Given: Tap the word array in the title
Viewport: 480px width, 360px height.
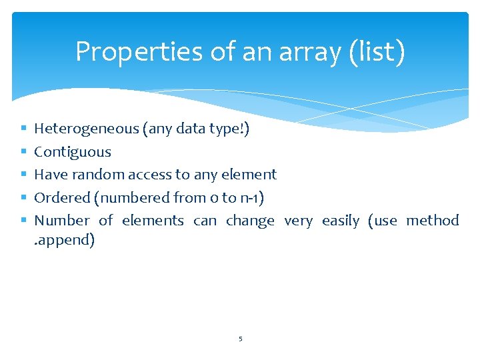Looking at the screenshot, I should [307, 52].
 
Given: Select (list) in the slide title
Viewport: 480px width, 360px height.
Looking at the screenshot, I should [377, 52].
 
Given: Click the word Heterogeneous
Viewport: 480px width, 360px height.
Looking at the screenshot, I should [87, 129].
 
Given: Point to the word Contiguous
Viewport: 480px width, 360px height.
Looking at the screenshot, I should [73, 152].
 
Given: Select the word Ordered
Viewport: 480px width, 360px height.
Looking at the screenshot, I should [62, 197].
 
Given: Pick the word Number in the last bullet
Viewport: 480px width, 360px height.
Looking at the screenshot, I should [61, 220].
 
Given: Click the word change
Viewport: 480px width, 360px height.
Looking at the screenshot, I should [250, 220].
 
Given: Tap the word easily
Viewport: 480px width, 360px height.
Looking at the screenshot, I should [340, 220].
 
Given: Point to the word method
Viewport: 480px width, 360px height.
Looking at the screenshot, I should [433, 220].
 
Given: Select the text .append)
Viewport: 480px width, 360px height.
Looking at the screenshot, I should [65, 240].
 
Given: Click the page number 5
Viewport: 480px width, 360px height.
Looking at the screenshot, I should [241, 339].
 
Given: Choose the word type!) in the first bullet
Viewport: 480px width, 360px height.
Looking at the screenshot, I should [229, 129].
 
